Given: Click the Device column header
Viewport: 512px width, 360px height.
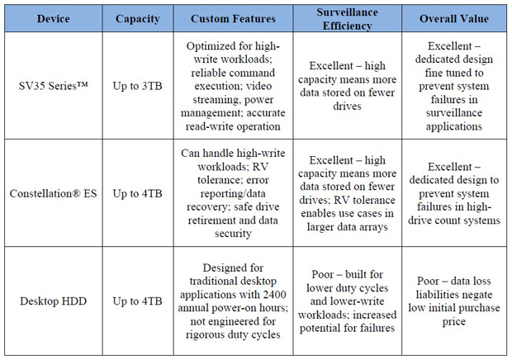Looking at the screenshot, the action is coord(53,19).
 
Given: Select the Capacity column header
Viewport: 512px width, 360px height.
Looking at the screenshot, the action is coord(137,19).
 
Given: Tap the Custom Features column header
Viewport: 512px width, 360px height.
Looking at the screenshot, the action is coord(233,19).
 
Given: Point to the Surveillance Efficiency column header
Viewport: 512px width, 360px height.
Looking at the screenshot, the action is coord(347,19).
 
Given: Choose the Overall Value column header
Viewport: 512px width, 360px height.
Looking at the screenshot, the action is coord(454,19).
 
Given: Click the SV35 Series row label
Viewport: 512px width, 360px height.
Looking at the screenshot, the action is coord(53,86).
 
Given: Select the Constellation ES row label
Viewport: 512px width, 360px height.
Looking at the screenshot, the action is coord(53,193).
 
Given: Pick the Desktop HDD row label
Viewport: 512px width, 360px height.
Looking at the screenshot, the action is coord(53,301).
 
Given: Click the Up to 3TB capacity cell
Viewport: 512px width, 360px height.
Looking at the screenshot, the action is coord(137,86).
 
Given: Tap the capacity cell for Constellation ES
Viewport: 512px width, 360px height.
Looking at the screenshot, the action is coord(137,193).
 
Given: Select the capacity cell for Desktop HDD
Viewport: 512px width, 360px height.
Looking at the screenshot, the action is coord(137,301).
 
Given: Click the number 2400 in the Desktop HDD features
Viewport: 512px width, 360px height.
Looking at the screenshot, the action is coord(275,295).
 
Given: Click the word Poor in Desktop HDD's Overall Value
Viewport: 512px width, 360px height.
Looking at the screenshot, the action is coord(428,281).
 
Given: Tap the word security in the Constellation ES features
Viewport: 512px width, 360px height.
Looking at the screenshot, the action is coord(233,234).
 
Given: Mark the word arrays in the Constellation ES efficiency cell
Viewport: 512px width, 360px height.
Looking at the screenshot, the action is coord(373,227).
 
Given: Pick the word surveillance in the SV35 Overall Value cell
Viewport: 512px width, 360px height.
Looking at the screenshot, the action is coord(454,113).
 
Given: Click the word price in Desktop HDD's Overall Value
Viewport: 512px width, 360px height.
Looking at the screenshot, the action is coord(454,322).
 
